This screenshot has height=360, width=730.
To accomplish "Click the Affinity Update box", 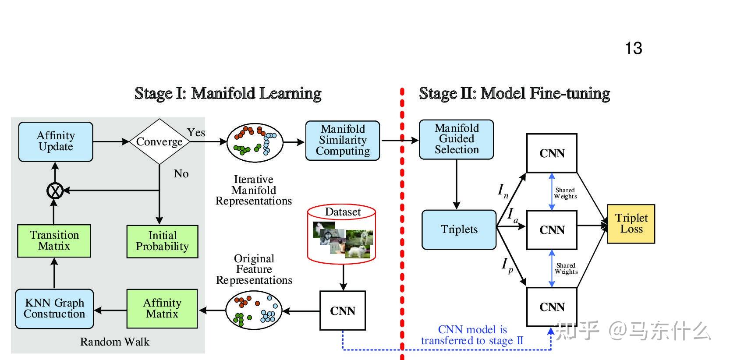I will coord(56,141).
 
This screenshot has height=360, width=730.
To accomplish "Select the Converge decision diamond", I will coord(159,141).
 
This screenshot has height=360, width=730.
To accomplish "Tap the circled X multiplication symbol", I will coord(55,191).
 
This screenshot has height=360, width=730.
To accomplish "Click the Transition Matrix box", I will coord(54,240).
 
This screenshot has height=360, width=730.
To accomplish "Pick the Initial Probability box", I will coord(162,241).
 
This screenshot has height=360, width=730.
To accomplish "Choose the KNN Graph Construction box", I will coord(54,308).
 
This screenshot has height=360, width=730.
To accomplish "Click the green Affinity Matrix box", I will coord(162,308).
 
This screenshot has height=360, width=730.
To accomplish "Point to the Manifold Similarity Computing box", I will coord(343,140).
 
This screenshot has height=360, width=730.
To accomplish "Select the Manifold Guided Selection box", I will coord(456,139).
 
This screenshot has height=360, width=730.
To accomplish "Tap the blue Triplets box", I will coord(459,229).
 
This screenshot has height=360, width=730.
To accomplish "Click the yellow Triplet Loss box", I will coord(631,223).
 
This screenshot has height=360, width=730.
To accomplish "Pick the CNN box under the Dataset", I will coord(343,311).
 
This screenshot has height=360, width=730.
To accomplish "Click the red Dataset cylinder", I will coord(342,234).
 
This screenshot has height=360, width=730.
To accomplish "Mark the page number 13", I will coord(633,48).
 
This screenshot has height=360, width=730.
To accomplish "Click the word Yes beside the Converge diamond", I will coord(196,132).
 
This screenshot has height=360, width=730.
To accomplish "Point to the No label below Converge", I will coord(181,174).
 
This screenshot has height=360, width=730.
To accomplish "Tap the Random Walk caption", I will coord(114,342).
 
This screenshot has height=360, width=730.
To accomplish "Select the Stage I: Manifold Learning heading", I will coord(228,93).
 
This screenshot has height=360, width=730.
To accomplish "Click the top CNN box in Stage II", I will coord(552,153).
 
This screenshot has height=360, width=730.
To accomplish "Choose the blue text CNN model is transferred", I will coord(472,335).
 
